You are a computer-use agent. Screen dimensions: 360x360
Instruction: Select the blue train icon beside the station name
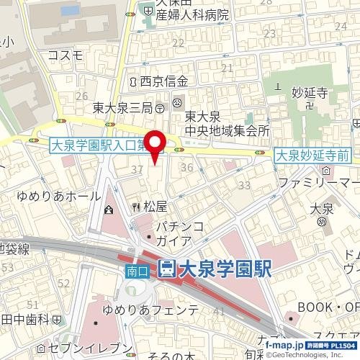[166, 269]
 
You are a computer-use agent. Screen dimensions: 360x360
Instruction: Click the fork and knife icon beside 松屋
[135, 207]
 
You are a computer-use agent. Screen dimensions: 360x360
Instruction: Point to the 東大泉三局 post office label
[122, 108]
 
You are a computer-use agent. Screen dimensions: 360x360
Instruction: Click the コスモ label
[66, 55]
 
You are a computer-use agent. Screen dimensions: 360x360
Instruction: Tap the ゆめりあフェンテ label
[150, 310]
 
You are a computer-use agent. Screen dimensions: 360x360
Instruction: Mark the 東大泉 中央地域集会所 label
[227, 123]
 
